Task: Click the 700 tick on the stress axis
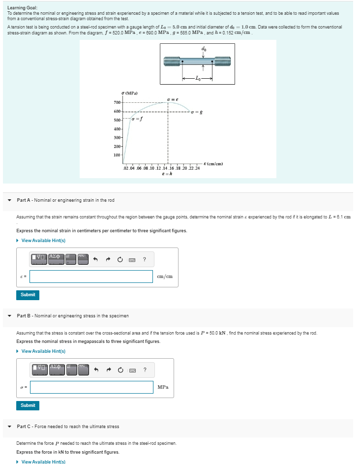point(117,102)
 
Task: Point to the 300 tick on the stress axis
point(117,138)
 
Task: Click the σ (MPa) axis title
point(129,93)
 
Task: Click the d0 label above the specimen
point(204,49)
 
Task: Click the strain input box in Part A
point(91,277)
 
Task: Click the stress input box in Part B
point(91,387)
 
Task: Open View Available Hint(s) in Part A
point(43,240)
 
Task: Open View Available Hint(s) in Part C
point(43,462)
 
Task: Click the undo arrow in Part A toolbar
point(97,259)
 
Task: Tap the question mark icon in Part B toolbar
point(144,370)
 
